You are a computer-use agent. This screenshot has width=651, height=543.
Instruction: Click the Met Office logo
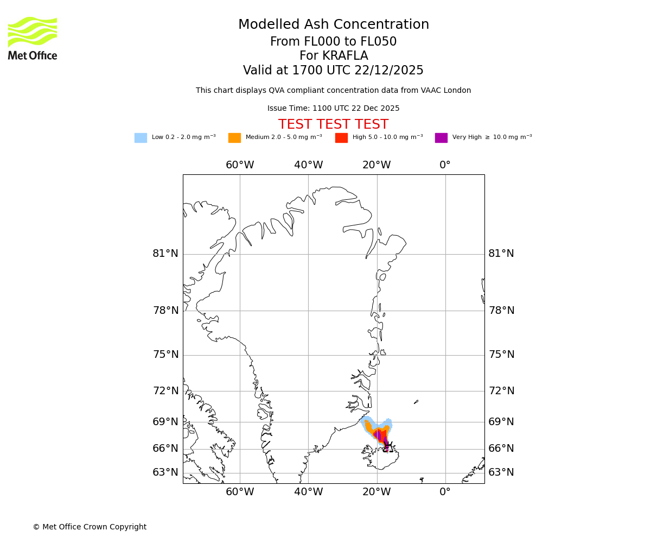(x=33, y=38)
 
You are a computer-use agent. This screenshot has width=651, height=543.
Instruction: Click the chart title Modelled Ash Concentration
(x=333, y=25)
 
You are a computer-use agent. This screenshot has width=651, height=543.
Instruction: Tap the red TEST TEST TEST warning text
(x=333, y=125)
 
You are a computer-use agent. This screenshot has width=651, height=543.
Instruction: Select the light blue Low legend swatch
(x=141, y=138)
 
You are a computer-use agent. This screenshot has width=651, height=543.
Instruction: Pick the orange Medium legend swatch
(x=234, y=138)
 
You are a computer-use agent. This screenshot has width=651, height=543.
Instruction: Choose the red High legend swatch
(x=341, y=138)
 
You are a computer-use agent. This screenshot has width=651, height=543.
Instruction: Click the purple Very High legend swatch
(x=441, y=138)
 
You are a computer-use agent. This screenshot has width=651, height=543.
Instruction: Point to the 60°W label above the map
(x=240, y=165)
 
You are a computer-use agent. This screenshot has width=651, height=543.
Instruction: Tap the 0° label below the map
(x=445, y=492)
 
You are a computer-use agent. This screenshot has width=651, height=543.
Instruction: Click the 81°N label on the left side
(x=165, y=254)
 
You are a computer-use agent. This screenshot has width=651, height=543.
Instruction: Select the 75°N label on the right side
(x=501, y=355)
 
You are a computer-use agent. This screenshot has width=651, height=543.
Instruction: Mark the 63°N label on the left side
(x=165, y=472)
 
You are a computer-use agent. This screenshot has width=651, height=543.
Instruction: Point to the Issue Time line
(x=333, y=109)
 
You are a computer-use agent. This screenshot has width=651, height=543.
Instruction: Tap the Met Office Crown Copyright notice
(x=90, y=527)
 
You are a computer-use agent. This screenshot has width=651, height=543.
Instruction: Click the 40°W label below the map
(x=308, y=492)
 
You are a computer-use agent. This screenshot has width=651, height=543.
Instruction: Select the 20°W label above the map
(x=376, y=165)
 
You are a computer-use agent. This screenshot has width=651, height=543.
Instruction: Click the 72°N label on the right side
(x=501, y=391)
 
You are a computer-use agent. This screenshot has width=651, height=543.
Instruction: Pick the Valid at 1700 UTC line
(x=333, y=71)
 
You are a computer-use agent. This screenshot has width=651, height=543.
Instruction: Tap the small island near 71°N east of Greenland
(x=416, y=402)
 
